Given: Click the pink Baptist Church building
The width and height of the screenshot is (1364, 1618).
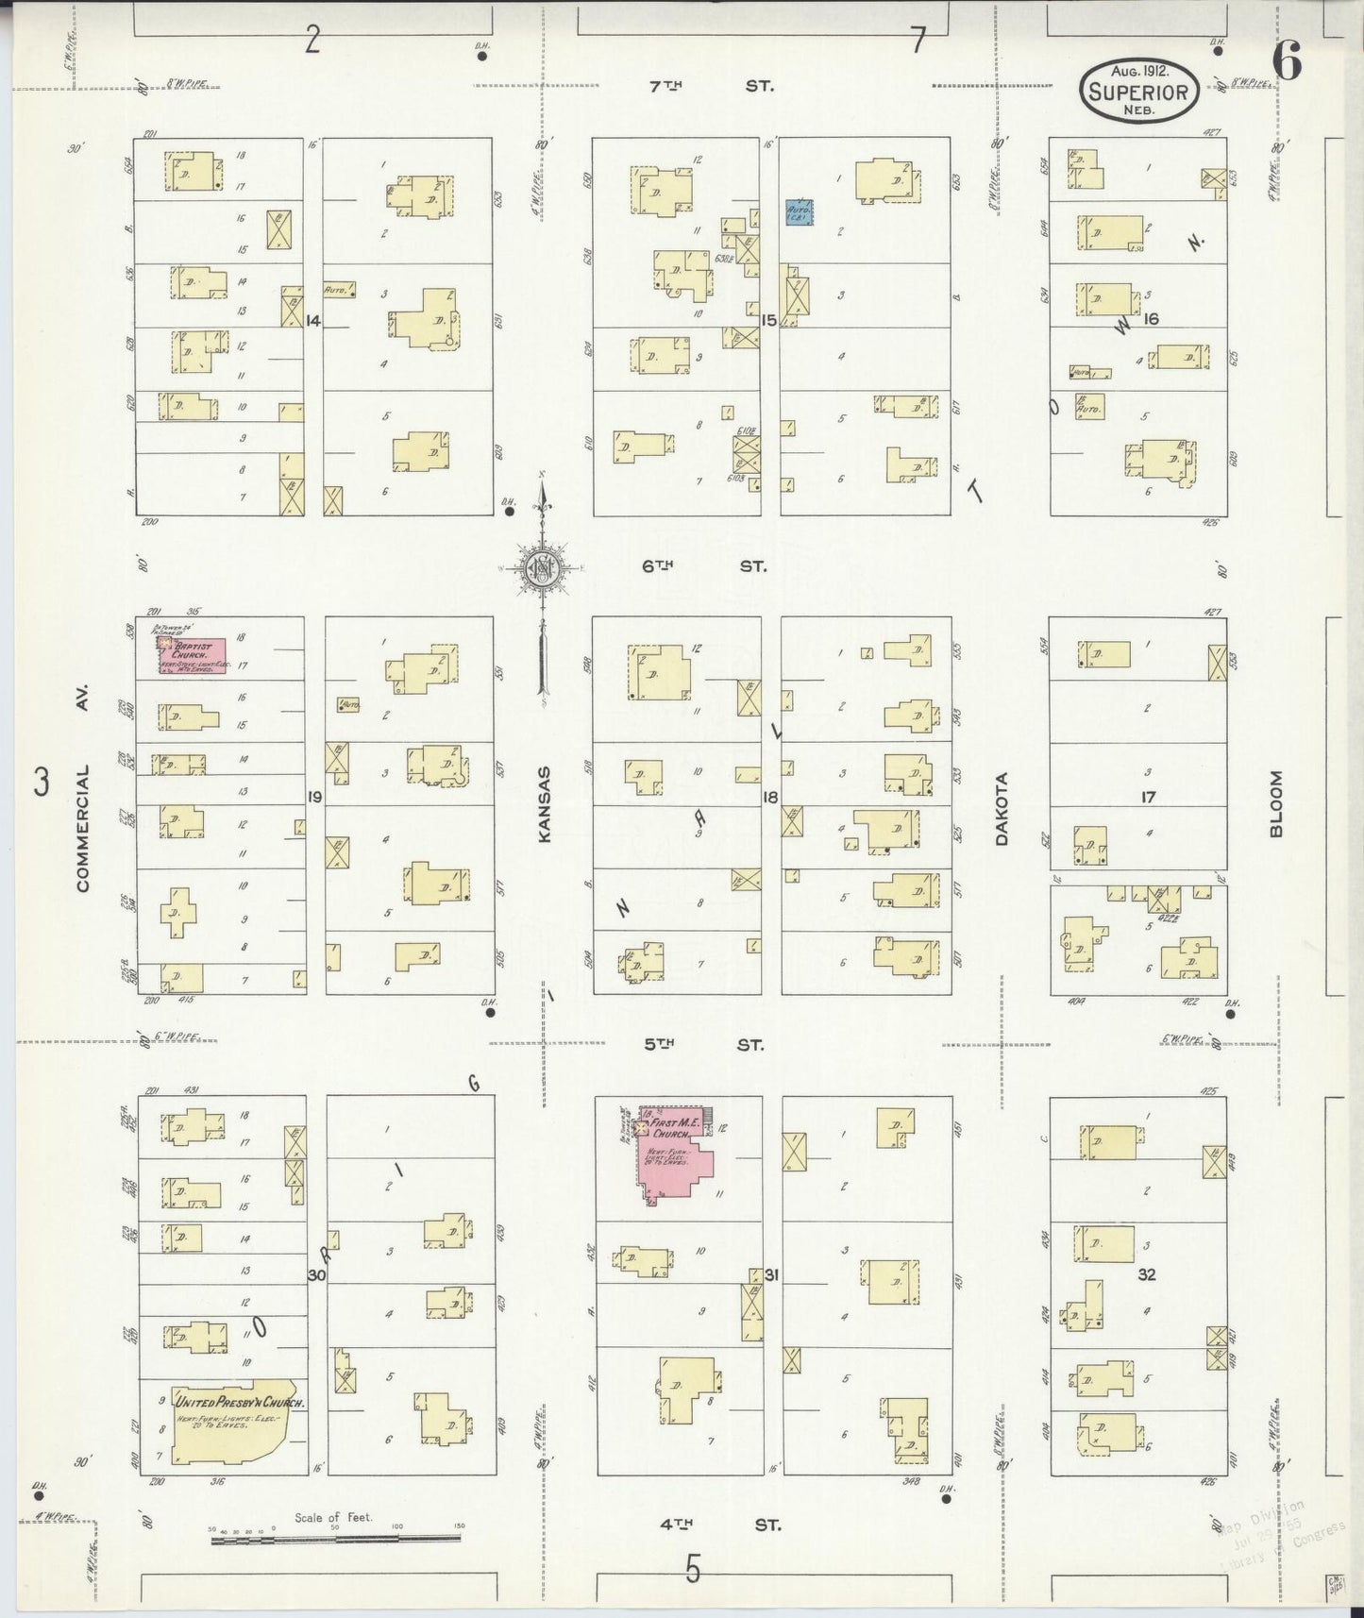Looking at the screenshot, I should [x=193, y=656].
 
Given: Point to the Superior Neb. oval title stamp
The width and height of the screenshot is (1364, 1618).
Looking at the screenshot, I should [x=1140, y=91].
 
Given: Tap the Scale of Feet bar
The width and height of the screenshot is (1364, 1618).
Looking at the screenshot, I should [x=335, y=1538].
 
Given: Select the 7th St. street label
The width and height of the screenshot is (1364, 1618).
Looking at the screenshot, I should [x=712, y=86].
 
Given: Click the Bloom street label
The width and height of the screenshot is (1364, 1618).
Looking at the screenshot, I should [x=1276, y=804].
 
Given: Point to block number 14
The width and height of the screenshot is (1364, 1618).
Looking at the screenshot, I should [x=313, y=321].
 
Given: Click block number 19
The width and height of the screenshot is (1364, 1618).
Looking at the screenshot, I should [x=314, y=798].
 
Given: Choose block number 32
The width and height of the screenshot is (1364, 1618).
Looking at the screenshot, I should [x=1147, y=1274].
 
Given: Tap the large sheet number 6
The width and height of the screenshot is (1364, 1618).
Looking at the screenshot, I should [x=1287, y=62].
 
